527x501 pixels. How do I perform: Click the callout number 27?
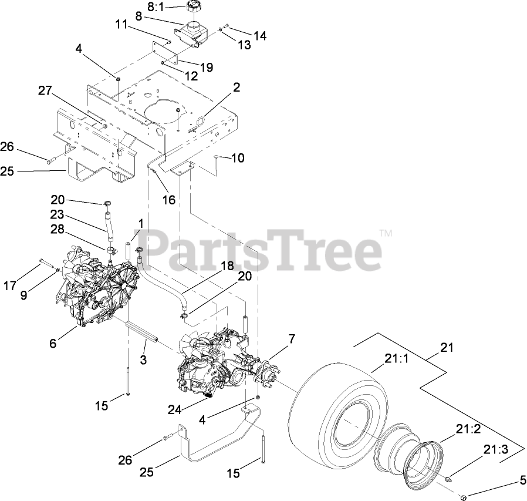45,90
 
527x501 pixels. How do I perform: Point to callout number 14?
260,36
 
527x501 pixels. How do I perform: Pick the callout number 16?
168,200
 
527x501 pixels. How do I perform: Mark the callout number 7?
292,339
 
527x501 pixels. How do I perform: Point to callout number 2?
236,88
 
